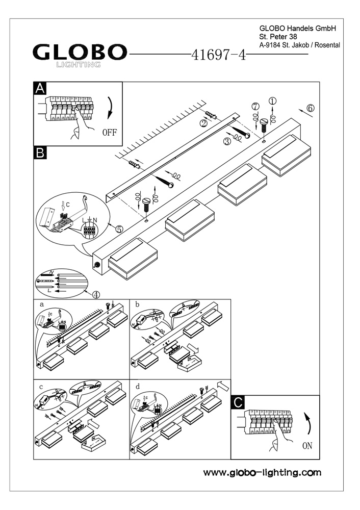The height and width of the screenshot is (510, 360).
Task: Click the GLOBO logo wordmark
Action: pyautogui.click(x=80, y=52)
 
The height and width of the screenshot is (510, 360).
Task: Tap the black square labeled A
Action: pyautogui.click(x=40, y=88)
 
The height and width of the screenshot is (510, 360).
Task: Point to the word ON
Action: pyautogui.click(x=307, y=445)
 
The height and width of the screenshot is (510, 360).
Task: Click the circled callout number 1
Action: pyautogui.click(x=273, y=101)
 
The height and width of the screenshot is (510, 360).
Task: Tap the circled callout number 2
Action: pyautogui.click(x=203, y=123)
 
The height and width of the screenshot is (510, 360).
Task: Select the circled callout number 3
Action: pyautogui.click(x=227, y=142)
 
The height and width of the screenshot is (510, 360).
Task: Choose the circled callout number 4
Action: pyautogui.click(x=96, y=294)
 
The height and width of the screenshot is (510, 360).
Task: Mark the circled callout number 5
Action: pyautogui.click(x=119, y=229)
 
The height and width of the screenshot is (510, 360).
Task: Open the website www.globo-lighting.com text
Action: pyautogui.click(x=262, y=473)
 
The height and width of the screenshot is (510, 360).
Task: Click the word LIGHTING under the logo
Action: pyautogui.click(x=78, y=64)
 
